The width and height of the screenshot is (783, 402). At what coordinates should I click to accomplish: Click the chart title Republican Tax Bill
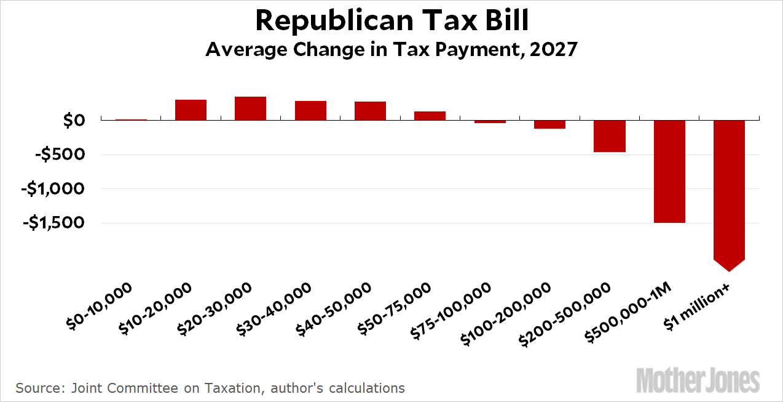click(x=391, y=21)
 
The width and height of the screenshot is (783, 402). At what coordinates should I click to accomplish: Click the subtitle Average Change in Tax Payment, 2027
click(x=391, y=49)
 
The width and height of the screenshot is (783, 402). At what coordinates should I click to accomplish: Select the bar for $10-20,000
click(x=191, y=110)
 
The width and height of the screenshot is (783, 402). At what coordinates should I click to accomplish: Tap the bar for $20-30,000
click(x=250, y=108)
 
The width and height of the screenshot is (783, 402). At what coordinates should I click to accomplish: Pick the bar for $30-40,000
click(x=310, y=110)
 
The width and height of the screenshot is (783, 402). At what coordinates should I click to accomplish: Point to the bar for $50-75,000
click(x=430, y=116)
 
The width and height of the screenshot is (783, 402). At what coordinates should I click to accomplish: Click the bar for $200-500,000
click(x=609, y=136)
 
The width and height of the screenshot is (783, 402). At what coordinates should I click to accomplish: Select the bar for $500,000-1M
click(x=669, y=171)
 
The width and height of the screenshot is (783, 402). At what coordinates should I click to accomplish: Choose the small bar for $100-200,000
click(x=549, y=124)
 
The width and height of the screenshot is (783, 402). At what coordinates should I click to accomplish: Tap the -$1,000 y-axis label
click(x=52, y=189)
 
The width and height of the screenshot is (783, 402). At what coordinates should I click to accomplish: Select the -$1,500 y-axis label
click(x=52, y=223)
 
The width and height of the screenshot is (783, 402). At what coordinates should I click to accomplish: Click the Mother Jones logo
click(x=698, y=380)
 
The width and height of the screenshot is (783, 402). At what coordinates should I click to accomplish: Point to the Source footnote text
click(x=210, y=388)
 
